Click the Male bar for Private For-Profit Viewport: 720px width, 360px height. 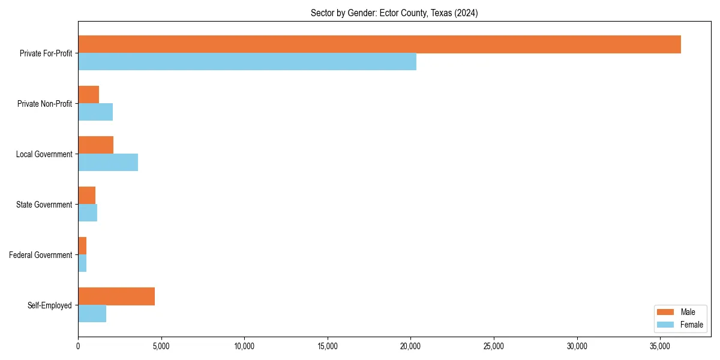click(x=379, y=44)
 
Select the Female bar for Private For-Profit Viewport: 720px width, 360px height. click(x=247, y=62)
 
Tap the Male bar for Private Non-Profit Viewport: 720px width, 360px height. click(x=88, y=95)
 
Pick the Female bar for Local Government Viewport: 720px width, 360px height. click(x=108, y=163)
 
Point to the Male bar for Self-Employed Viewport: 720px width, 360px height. click(x=116, y=296)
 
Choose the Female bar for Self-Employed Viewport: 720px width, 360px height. click(x=92, y=314)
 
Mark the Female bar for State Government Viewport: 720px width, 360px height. click(x=88, y=213)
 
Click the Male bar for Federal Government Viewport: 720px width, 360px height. click(x=82, y=246)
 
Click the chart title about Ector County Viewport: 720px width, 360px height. click(x=394, y=13)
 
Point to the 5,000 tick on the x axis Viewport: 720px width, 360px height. click(x=161, y=346)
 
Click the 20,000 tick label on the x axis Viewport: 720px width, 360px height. click(x=410, y=346)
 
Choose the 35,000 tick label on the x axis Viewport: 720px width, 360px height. click(x=660, y=346)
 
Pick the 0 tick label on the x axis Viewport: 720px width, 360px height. click(x=78, y=346)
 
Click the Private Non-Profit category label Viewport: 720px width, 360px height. click(x=44, y=104)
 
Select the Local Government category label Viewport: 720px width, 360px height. click(x=44, y=154)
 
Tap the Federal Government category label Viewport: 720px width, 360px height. click(x=41, y=255)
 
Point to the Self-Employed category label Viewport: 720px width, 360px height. click(x=50, y=305)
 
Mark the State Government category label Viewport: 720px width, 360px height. click(x=44, y=205)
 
